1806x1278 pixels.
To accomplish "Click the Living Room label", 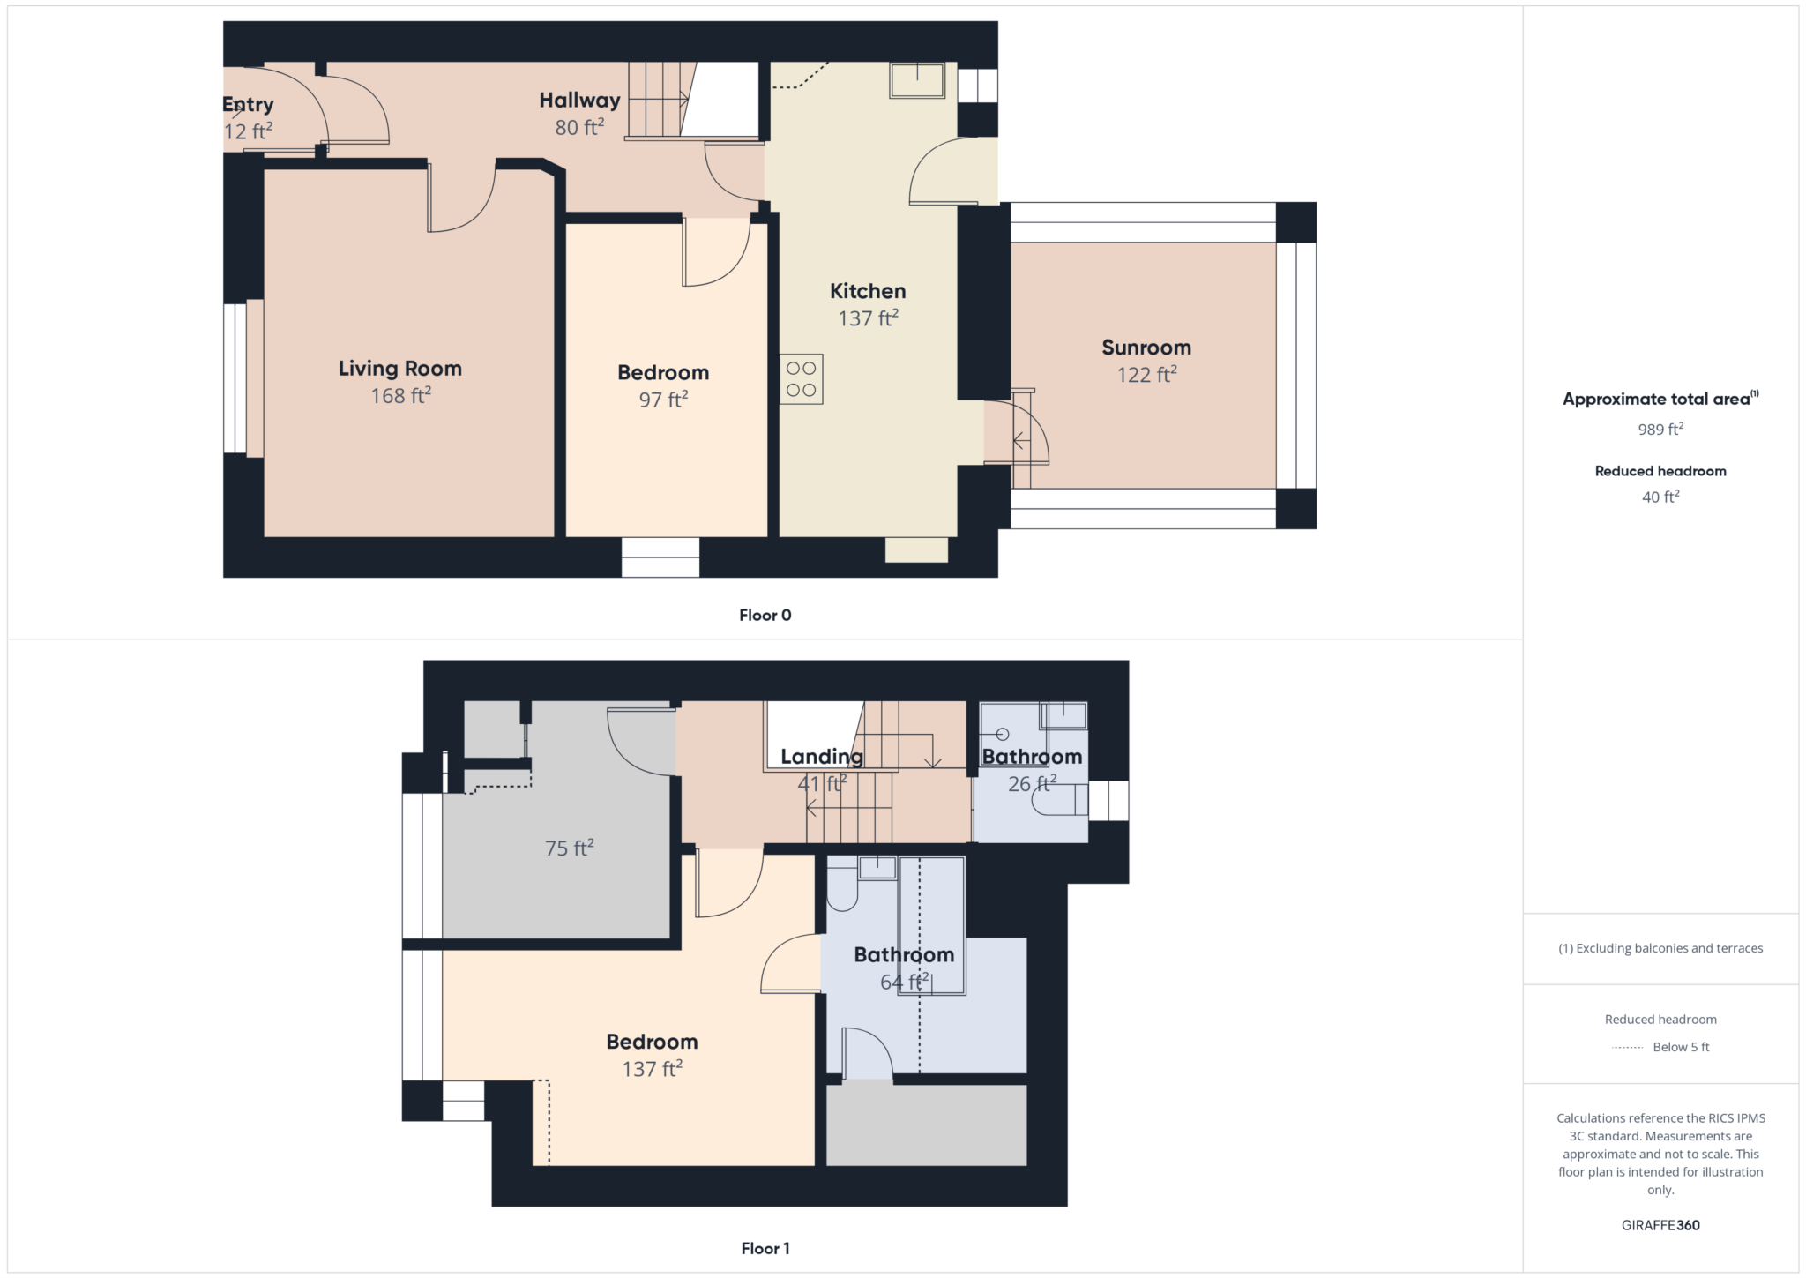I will pos(399,369).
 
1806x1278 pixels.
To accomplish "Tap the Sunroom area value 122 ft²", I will pos(1146,375).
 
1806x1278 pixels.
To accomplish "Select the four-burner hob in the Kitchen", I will pos(801,379).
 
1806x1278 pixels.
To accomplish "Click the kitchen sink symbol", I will pos(917,80).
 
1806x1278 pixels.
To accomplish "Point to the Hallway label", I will pos(579,101).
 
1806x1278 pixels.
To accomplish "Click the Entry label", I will pos(248,105).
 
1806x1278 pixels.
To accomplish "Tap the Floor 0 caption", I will pos(765,616).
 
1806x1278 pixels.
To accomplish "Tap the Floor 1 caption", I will pos(765,1248).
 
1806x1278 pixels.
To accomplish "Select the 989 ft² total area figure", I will pos(1660,430).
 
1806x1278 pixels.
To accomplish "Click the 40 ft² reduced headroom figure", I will pos(1660,497).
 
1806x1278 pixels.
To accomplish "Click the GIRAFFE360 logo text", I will pos(1660,1225).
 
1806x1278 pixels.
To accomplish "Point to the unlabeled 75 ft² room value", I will pos(569,848).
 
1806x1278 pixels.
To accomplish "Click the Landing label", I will pos(821,757).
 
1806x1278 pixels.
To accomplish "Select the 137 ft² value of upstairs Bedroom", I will pos(652,1070).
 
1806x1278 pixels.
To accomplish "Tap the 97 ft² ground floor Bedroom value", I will pos(663,400).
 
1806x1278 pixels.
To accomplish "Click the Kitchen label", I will pos(868,291).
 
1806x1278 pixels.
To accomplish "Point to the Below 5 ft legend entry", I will pos(1680,1047).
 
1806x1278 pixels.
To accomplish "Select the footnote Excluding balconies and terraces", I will pos(1660,948).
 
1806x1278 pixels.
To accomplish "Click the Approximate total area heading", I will pos(1656,400).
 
